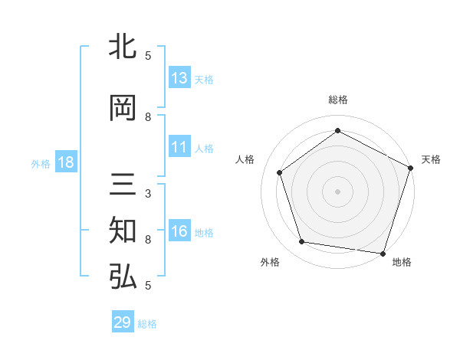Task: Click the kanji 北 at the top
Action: click(123, 47)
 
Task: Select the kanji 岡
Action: click(123, 109)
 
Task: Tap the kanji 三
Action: click(123, 187)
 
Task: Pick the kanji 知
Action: click(123, 231)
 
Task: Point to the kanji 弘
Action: click(123, 277)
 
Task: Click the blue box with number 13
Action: click(179, 78)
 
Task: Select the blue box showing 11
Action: click(179, 147)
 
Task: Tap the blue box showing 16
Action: click(179, 231)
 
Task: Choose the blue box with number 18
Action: click(66, 162)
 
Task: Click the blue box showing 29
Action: click(123, 322)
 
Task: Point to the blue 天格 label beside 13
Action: click(204, 80)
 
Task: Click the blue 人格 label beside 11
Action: click(204, 149)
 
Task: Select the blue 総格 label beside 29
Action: click(147, 324)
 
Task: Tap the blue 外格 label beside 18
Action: click(41, 164)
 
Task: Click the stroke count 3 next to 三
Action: click(148, 194)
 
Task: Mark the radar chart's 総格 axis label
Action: click(337, 100)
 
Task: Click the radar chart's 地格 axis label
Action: click(402, 263)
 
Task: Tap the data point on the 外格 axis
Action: click(302, 242)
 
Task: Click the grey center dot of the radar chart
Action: click(337, 191)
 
